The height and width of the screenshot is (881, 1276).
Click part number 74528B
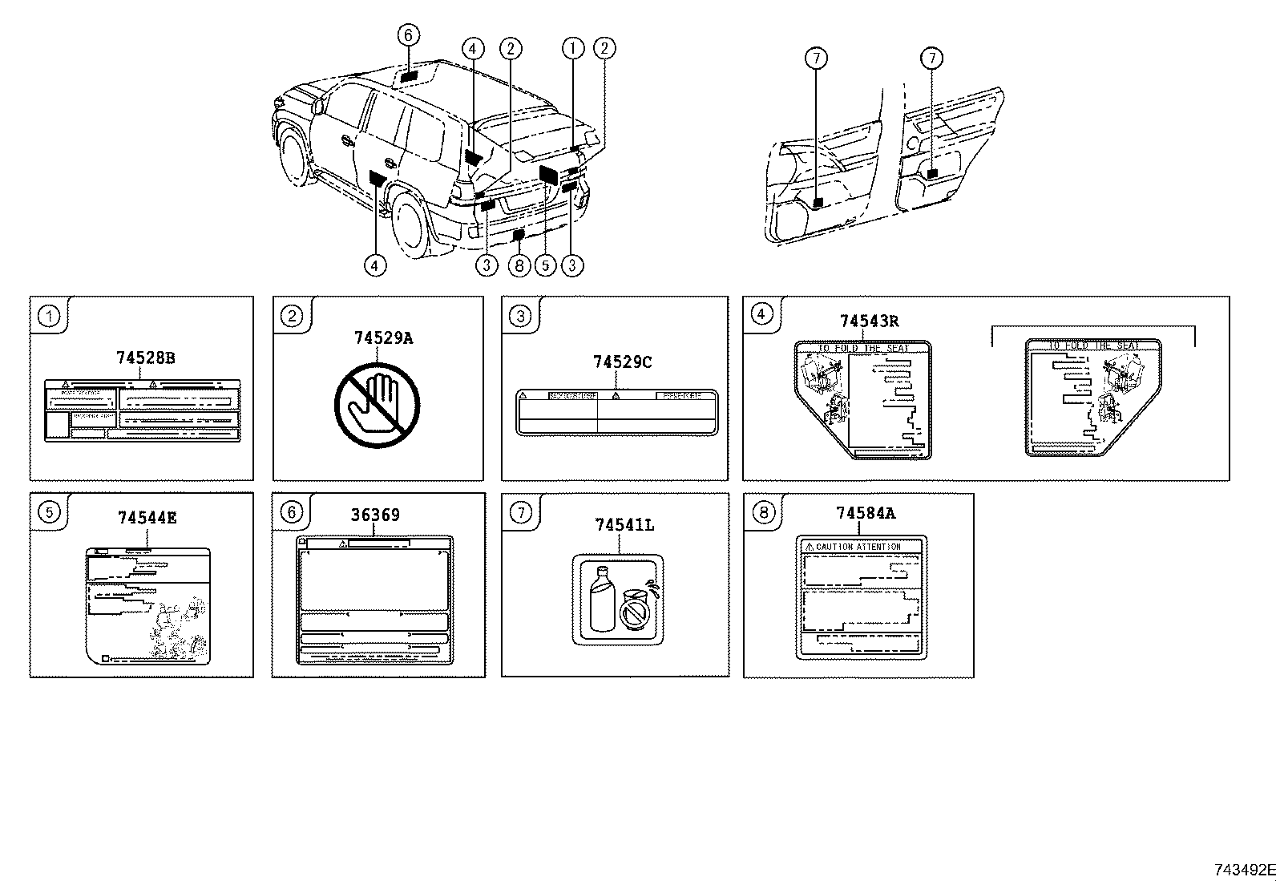pyautogui.click(x=145, y=358)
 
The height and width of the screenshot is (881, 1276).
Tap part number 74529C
pyautogui.click(x=622, y=362)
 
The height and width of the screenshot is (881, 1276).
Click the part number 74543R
pyautogui.click(x=869, y=321)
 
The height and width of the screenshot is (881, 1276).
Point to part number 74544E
pyautogui.click(x=147, y=518)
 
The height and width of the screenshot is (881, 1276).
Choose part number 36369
pyautogui.click(x=374, y=515)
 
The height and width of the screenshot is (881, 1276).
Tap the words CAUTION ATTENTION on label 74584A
pyautogui.click(x=858, y=547)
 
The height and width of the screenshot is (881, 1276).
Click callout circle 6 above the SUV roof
pyautogui.click(x=408, y=35)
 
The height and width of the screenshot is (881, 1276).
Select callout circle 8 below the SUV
pyautogui.click(x=519, y=265)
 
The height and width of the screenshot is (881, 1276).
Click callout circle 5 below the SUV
pyautogui.click(x=545, y=265)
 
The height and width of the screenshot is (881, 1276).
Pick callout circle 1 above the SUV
pyautogui.click(x=572, y=48)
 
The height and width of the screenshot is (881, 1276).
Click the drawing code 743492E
pyautogui.click(x=1242, y=869)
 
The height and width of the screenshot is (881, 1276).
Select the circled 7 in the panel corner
pyautogui.click(x=521, y=512)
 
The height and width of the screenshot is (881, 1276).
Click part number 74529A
pyautogui.click(x=383, y=338)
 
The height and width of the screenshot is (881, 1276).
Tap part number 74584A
pyautogui.click(x=866, y=513)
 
